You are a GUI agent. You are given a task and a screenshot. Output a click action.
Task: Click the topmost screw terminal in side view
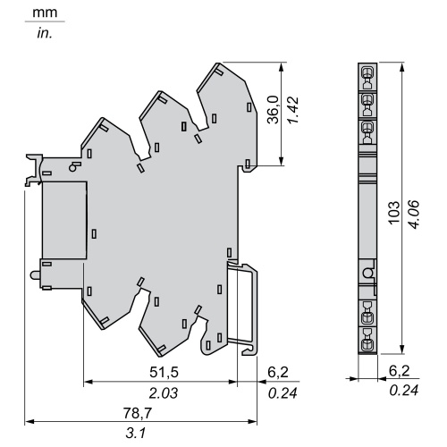click(x=365, y=73)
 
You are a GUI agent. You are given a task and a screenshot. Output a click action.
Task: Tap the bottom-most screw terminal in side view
click(x=365, y=342)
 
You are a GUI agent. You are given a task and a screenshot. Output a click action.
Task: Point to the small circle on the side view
click(x=365, y=272)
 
